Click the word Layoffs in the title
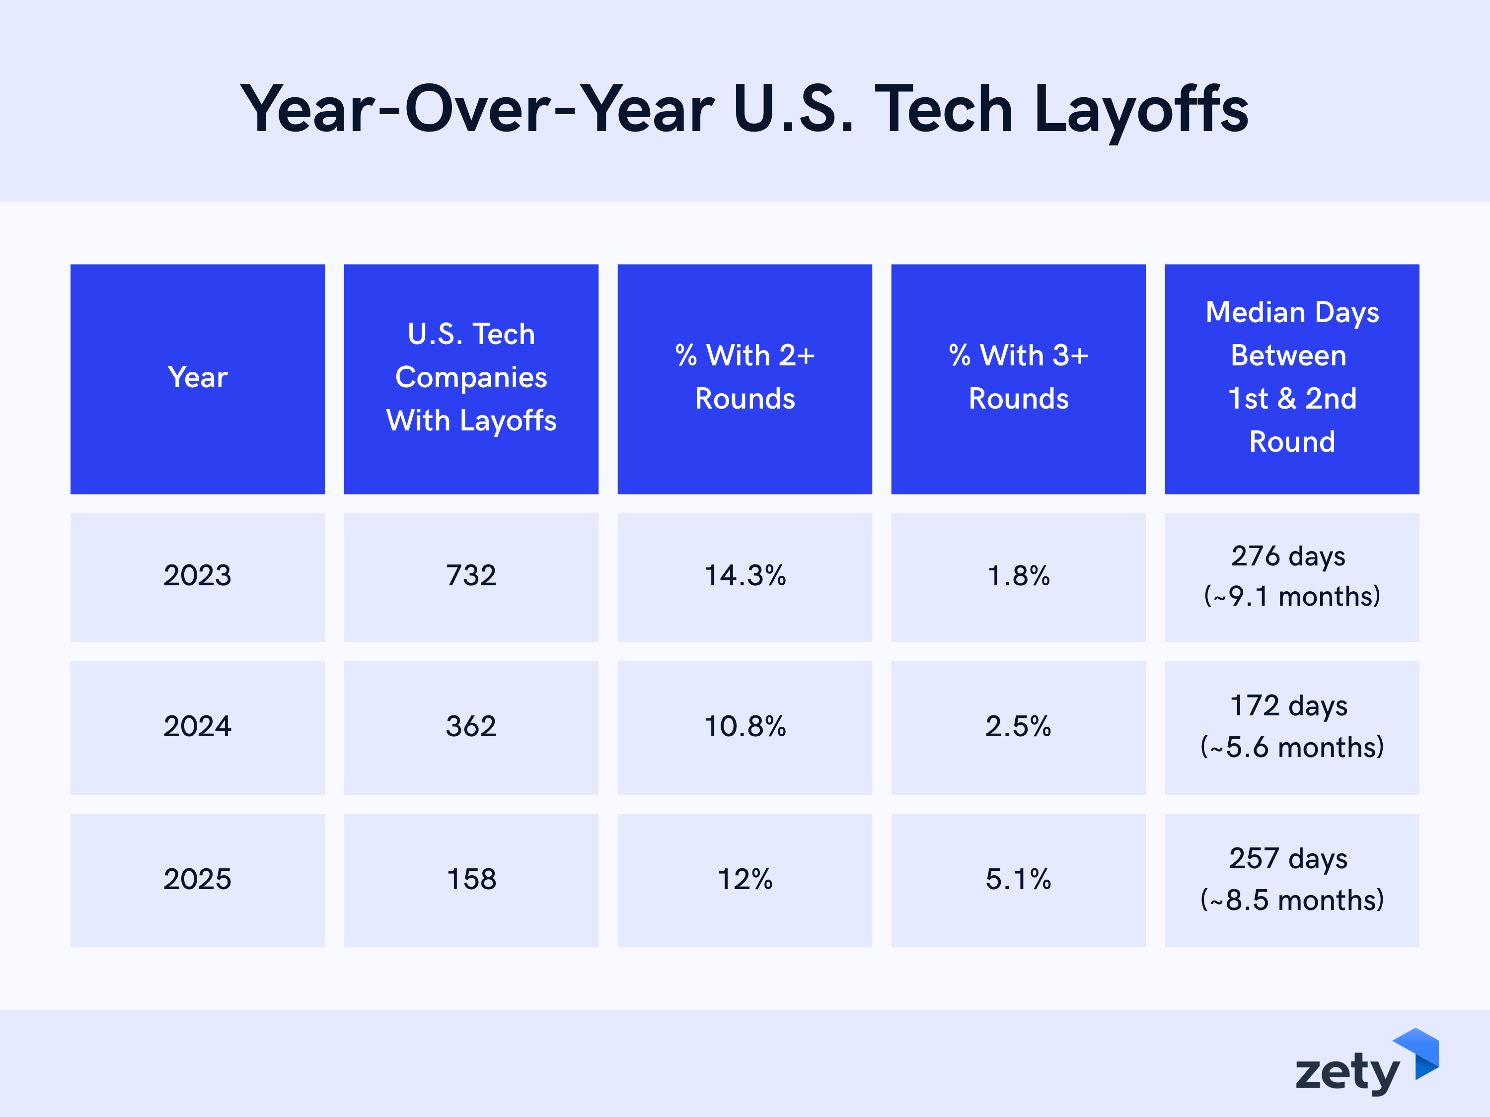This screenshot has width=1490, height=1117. [x=1140, y=110]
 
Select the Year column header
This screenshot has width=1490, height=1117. [x=197, y=378]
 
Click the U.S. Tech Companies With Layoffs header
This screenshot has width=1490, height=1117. [x=471, y=378]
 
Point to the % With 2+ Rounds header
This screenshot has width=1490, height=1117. [x=745, y=378]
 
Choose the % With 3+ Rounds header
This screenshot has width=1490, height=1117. [x=1018, y=378]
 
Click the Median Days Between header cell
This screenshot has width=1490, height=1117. [x=1291, y=378]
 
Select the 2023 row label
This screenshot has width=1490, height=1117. [x=197, y=576]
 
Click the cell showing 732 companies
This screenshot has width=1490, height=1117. [x=471, y=576]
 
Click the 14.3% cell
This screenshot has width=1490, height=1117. [x=745, y=576]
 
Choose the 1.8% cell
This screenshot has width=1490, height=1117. [x=1018, y=576]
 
